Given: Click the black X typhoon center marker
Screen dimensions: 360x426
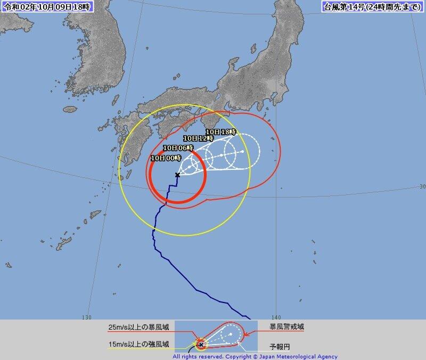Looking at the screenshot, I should (x=177, y=175).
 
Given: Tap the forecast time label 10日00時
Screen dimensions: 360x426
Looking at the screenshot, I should (x=166, y=158).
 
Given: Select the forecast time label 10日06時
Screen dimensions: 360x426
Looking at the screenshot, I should (x=178, y=148).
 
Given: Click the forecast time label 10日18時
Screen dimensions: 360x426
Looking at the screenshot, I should (x=220, y=132).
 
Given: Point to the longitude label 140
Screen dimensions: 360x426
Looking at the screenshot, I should (x=277, y=317).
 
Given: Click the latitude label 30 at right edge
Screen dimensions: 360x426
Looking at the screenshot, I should (x=422, y=187).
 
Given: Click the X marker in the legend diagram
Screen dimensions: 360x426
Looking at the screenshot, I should (x=201, y=345).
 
